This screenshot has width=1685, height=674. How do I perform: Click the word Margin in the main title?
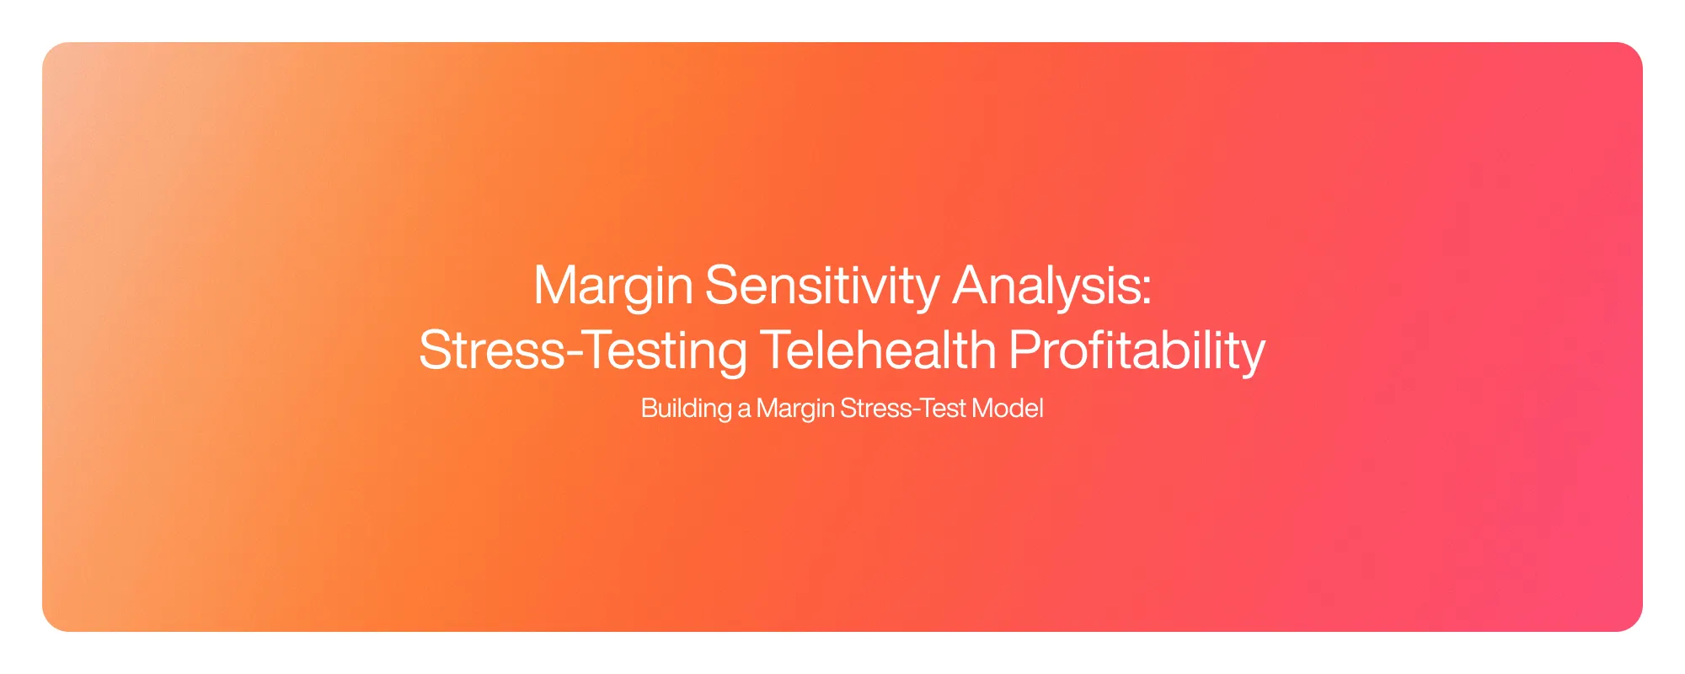coord(613,286)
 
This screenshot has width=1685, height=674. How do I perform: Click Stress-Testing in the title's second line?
coord(582,350)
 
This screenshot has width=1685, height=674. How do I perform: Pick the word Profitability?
coord(1137,350)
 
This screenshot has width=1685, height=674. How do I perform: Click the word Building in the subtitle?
coord(686,409)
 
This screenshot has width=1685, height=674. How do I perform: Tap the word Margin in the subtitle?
coord(795,409)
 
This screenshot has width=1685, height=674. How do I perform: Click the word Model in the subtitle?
coord(1008,409)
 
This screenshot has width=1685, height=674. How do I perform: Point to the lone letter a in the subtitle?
coord(744,410)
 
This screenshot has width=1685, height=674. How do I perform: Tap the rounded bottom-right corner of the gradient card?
coord(1634,623)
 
